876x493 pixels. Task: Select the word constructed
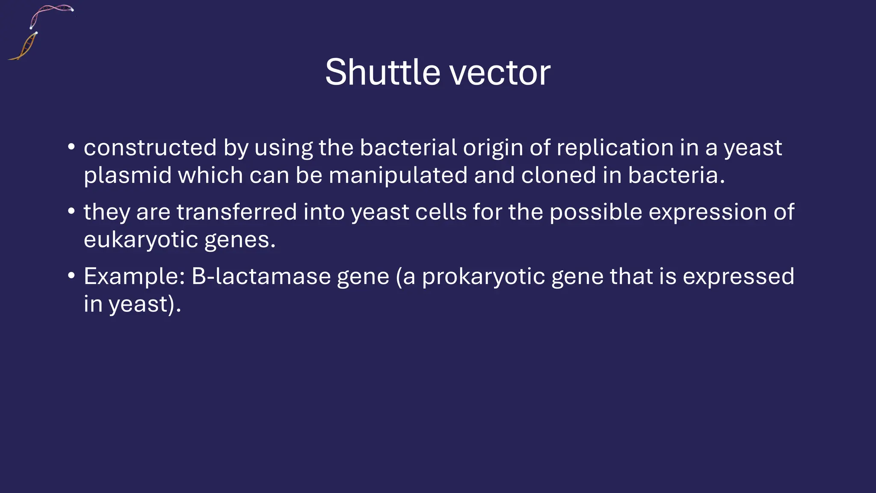pos(150,148)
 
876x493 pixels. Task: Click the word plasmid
pos(127,175)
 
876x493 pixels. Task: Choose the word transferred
pos(237,212)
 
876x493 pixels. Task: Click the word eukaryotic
pos(141,240)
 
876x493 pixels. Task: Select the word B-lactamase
pos(261,276)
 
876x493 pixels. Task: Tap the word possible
pos(596,213)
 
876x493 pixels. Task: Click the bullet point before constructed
pos(71,147)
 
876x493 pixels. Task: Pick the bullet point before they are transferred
pos(71,211)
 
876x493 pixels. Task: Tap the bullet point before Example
pos(71,276)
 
